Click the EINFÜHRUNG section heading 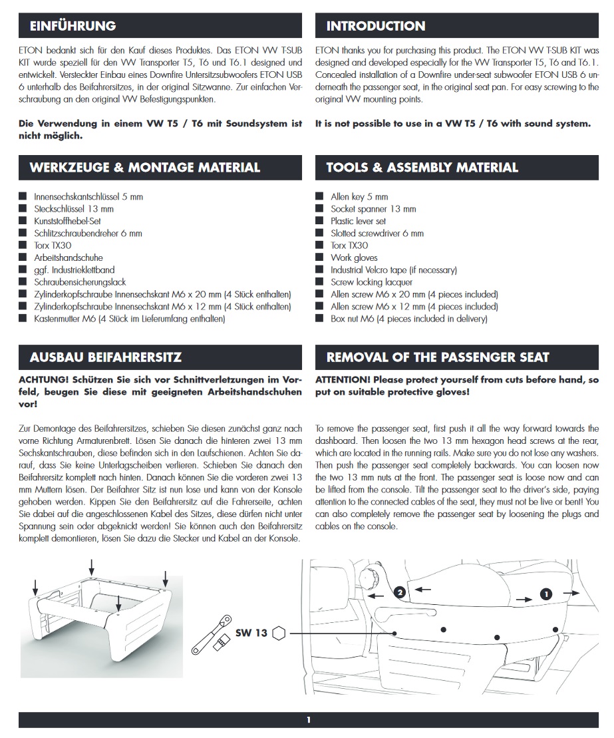point(73,26)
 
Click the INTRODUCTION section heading point(375,26)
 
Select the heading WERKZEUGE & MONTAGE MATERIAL point(144,168)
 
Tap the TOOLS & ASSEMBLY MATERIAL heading point(422,168)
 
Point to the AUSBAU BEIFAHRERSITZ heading point(105,357)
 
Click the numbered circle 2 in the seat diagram point(399,591)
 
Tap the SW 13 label point(251,633)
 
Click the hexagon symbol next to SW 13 point(279,633)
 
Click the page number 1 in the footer point(308,719)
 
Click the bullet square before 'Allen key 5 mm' point(319,197)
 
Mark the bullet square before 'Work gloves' point(319,258)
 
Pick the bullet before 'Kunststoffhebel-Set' point(23,221)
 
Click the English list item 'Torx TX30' point(349,246)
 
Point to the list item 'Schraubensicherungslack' point(80,282)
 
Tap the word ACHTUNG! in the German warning point(44,379)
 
